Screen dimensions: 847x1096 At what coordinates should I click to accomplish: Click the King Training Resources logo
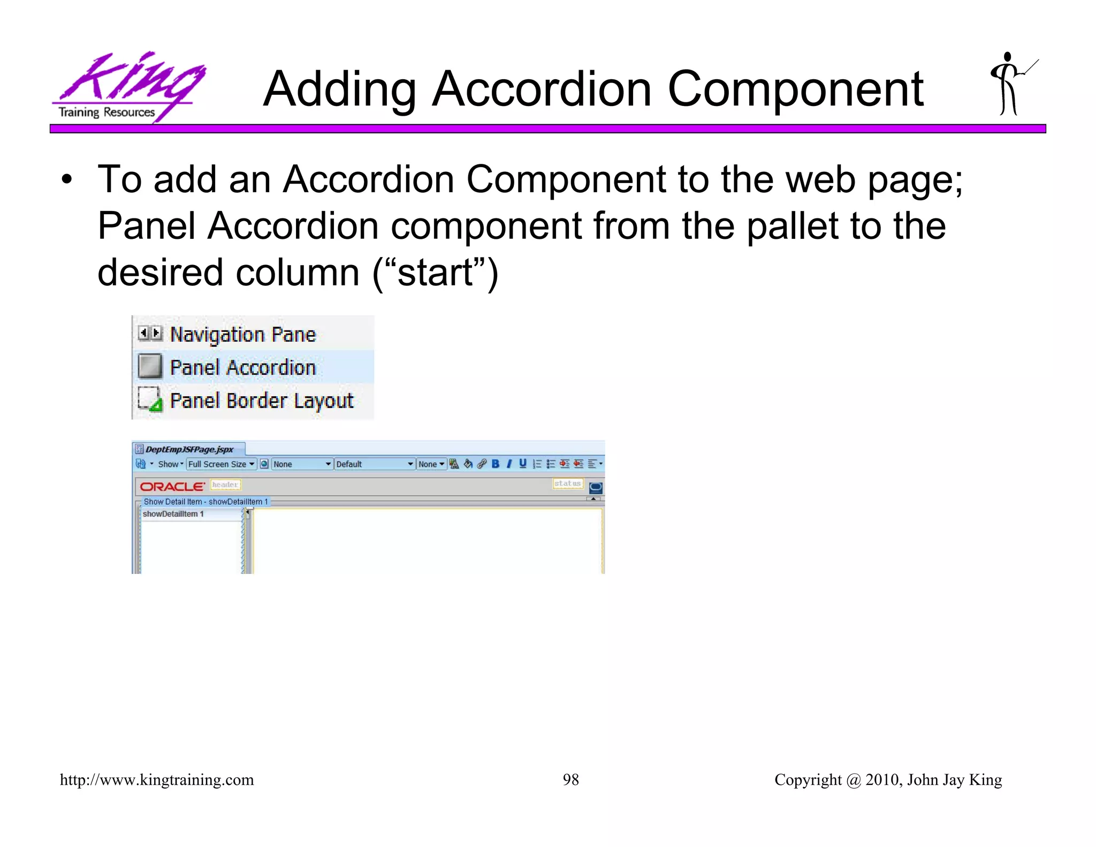(128, 86)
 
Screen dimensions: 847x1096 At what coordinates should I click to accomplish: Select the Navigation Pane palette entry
(242, 335)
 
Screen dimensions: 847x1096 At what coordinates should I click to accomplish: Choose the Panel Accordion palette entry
(242, 368)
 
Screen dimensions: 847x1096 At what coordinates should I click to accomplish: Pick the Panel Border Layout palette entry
(261, 400)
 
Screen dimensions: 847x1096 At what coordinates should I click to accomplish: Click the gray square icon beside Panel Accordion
(150, 367)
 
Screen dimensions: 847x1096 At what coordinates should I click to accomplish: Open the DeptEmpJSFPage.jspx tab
(189, 449)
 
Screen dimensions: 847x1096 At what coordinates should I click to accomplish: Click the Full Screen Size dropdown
(221, 464)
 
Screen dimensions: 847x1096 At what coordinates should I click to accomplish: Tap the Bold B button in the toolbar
(496, 464)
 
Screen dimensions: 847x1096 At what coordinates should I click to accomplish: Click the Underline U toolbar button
(523, 464)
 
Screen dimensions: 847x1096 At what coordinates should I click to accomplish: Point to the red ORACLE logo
(172, 487)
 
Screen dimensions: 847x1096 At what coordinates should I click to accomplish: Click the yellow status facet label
(567, 483)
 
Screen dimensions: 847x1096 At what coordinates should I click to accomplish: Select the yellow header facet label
(225, 485)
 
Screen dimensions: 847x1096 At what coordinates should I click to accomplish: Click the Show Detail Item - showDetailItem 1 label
(205, 502)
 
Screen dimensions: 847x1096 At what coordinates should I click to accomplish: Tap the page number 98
(570, 780)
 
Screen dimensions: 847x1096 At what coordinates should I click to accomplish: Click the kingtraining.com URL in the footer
(157, 780)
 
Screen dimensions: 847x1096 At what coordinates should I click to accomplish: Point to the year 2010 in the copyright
(882, 780)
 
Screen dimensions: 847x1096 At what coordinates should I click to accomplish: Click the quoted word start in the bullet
(436, 273)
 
